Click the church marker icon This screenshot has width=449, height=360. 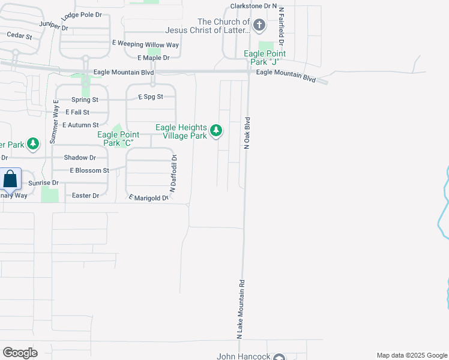(x=259, y=25)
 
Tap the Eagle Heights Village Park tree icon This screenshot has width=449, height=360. (x=216, y=130)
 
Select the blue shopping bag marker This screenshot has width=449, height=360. (x=10, y=179)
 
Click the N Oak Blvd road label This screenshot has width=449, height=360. (x=247, y=133)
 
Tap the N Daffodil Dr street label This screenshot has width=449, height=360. (x=173, y=173)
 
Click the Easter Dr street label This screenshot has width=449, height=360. (x=85, y=196)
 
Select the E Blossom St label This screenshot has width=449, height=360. (x=89, y=170)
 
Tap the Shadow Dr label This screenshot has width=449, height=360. (x=80, y=157)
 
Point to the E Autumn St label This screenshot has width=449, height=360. (x=80, y=125)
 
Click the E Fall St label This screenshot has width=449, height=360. (x=77, y=112)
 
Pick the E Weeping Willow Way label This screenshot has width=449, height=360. (x=146, y=44)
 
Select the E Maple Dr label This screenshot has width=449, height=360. (x=154, y=58)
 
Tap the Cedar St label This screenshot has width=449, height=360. (x=19, y=35)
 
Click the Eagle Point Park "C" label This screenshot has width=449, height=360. (x=118, y=139)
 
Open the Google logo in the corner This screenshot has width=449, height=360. (x=20, y=353)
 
